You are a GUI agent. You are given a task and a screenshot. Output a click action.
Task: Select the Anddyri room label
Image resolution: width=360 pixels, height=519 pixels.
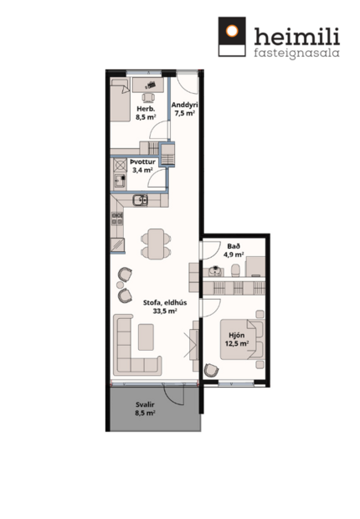[183, 105]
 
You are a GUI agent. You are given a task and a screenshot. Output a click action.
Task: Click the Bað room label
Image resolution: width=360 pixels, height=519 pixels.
[234, 245]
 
